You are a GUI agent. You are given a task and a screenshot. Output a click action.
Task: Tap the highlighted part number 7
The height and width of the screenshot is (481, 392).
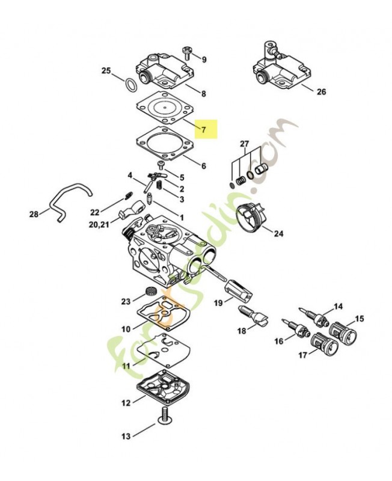(203, 129)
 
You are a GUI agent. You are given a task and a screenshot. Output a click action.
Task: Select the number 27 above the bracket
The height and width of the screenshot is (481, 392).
(244, 143)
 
